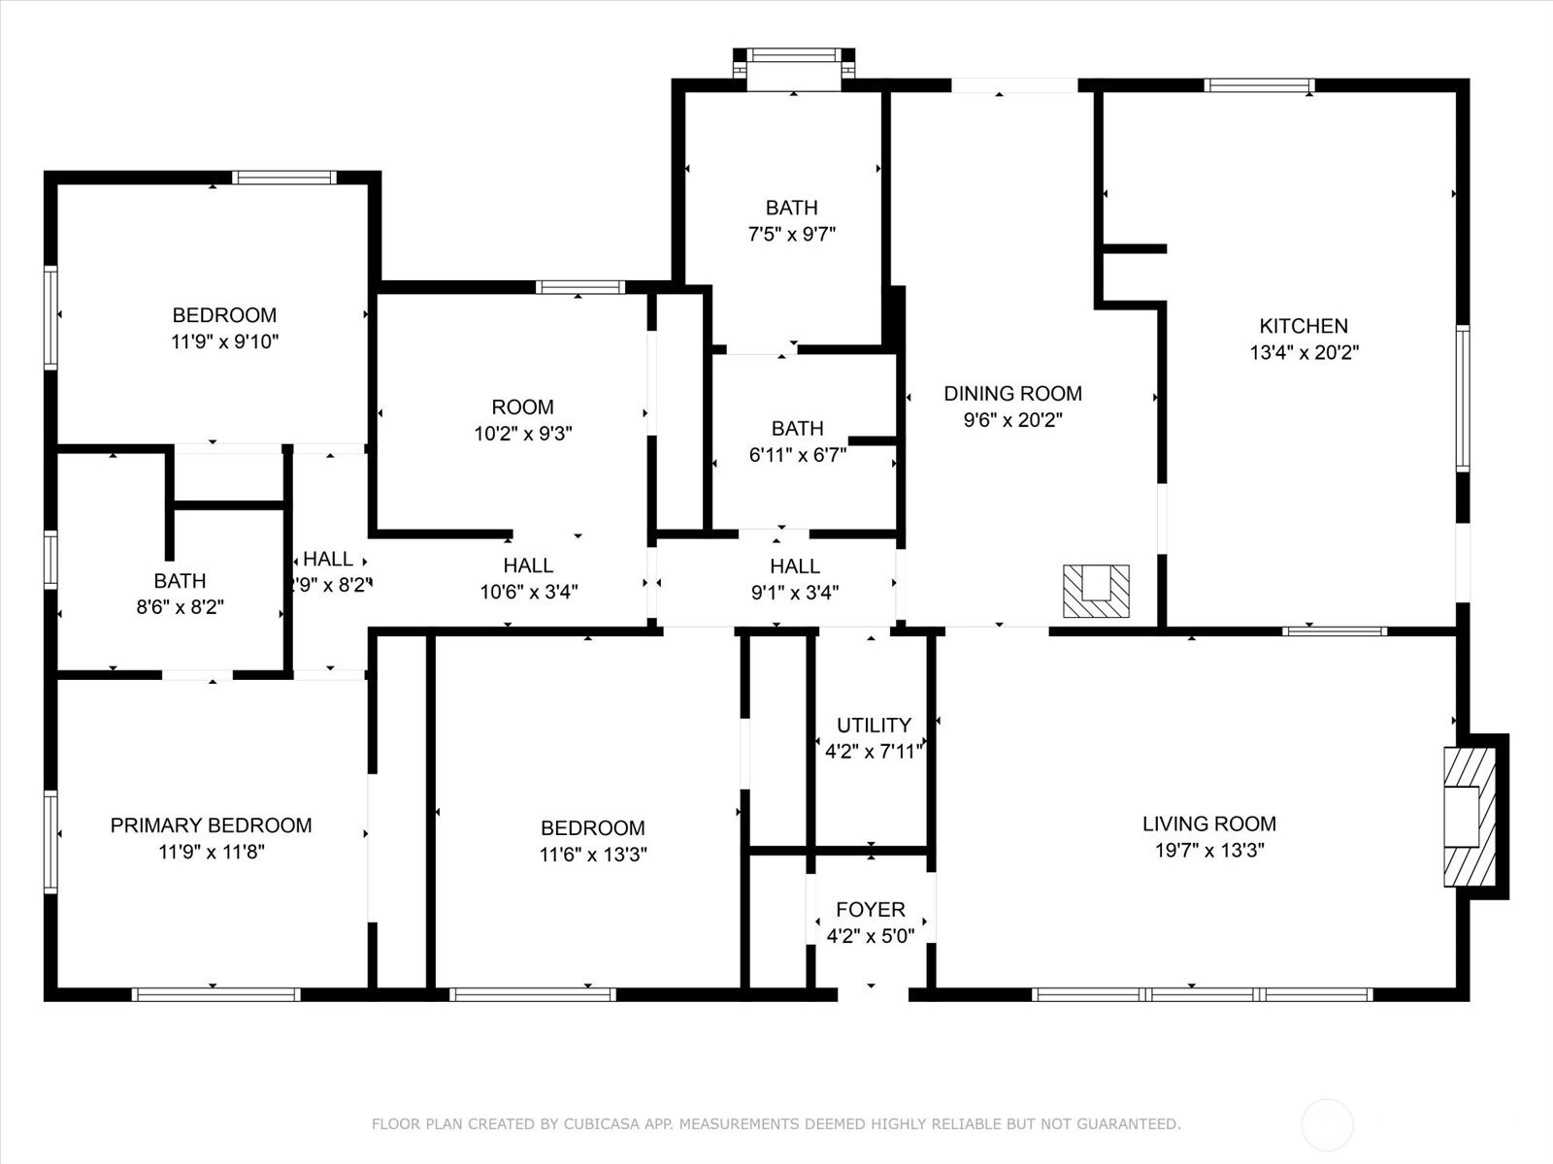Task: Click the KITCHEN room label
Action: click(x=1304, y=326)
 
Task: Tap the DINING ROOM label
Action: click(x=1012, y=394)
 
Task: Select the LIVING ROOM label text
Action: click(x=1209, y=824)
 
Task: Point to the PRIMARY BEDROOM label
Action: click(x=211, y=825)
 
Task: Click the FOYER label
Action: click(x=871, y=910)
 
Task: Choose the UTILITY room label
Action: click(x=874, y=726)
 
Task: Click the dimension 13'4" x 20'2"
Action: click(x=1304, y=352)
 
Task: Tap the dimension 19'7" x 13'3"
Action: click(x=1209, y=851)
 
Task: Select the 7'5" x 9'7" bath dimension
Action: click(x=792, y=234)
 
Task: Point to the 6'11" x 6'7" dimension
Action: click(x=798, y=455)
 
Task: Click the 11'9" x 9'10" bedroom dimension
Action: click(x=224, y=342)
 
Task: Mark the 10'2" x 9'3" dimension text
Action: click(x=523, y=434)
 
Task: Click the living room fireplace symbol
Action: click(x=1470, y=817)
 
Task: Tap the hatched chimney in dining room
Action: click(x=1096, y=591)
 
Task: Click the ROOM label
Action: click(x=523, y=407)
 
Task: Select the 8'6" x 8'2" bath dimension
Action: click(x=180, y=607)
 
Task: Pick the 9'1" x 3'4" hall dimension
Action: click(x=795, y=593)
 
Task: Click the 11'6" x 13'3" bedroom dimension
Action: click(x=593, y=855)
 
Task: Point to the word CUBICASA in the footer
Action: click(x=601, y=1123)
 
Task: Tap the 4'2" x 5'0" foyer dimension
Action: click(x=871, y=936)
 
